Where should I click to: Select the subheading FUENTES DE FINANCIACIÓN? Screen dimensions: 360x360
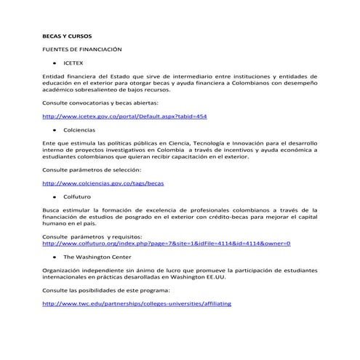coord(81,49)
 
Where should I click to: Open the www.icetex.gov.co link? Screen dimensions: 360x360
coord(125,116)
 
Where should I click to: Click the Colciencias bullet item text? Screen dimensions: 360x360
coord(79,130)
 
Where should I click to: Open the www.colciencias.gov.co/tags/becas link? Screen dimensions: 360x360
coord(103,183)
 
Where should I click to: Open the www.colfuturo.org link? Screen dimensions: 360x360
coord(167,243)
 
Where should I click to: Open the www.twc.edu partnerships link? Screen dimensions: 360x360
coord(137,303)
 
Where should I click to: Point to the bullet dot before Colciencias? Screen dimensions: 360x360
coord(55,130)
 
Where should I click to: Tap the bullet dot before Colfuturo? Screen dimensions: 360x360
coord(55,197)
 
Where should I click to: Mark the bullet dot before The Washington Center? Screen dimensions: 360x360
coord(55,257)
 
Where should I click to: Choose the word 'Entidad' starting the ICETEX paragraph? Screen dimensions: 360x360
coord(54,76)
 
